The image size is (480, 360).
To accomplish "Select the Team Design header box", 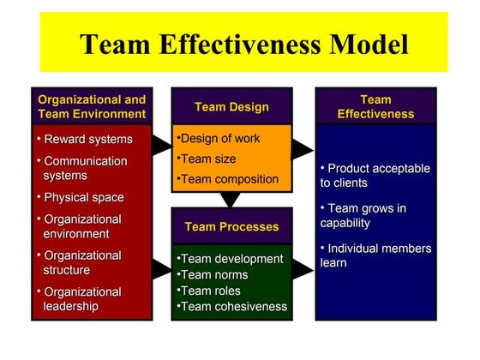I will coord(231,107).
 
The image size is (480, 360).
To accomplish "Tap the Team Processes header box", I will coord(231,227).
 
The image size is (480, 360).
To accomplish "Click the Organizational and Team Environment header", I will coord(92,106).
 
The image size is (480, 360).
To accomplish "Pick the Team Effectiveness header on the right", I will coord(375,106).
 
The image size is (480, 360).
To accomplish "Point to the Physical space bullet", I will coord(83,197).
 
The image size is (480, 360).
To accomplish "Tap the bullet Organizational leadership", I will coord(82,299).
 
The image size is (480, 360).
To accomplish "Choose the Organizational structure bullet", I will coord(82,262).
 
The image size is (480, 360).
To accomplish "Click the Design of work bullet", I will coord(219,139).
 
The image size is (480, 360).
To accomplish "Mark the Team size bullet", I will coord(207,159).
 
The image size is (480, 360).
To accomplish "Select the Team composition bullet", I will coord(229,179).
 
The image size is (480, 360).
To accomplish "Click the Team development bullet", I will coord(231,259).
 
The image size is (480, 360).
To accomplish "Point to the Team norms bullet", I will coord(213,275).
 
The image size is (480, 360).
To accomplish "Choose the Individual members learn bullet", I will coord(375,255).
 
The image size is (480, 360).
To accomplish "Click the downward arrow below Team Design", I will coord(230,200).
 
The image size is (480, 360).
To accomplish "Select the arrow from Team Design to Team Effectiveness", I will coord(302,151).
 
